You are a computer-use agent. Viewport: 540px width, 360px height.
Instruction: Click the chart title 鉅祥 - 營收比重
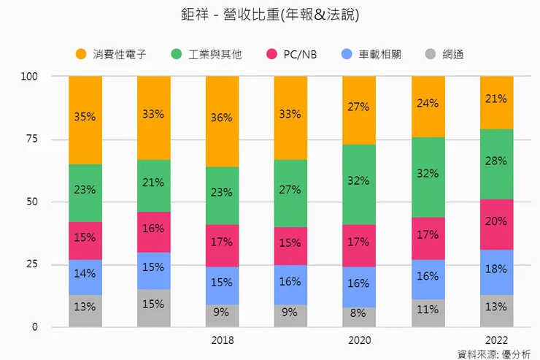[270, 15]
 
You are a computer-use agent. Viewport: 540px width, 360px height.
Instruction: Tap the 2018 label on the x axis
[222, 340]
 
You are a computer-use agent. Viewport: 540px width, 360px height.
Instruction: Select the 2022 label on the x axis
[496, 340]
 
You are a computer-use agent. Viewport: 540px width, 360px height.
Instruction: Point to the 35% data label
[85, 115]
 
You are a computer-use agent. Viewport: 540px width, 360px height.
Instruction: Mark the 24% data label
[428, 103]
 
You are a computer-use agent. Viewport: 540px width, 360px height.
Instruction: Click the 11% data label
[428, 309]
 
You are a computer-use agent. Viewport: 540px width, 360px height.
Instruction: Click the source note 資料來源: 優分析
[494, 353]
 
